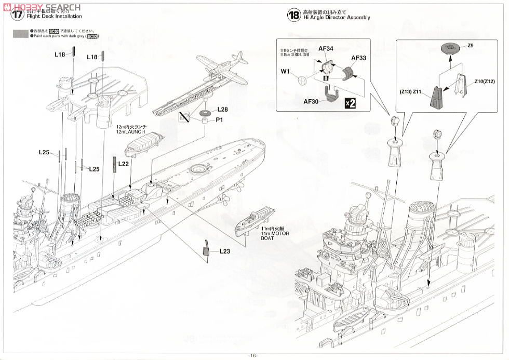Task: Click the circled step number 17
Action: tap(18, 14)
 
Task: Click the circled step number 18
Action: tap(293, 15)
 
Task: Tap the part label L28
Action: tap(223, 110)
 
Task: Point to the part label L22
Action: tap(124, 164)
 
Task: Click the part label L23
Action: tap(224, 251)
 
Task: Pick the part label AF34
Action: tap(325, 49)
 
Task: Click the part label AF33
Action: tap(359, 58)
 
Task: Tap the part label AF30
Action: tap(311, 102)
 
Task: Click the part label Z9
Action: tap(471, 46)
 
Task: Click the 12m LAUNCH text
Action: tap(133, 132)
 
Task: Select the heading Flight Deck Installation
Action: tap(55, 17)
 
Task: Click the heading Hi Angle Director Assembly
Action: tap(337, 18)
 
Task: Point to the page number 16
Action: tap(252, 355)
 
